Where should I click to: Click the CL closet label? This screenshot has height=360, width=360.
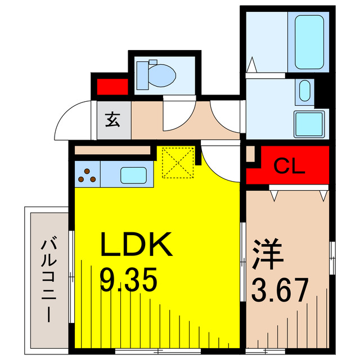coord(289,166)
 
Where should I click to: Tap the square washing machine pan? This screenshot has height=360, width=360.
coord(310,123)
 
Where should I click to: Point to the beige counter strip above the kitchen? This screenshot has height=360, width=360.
coord(112,151)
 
